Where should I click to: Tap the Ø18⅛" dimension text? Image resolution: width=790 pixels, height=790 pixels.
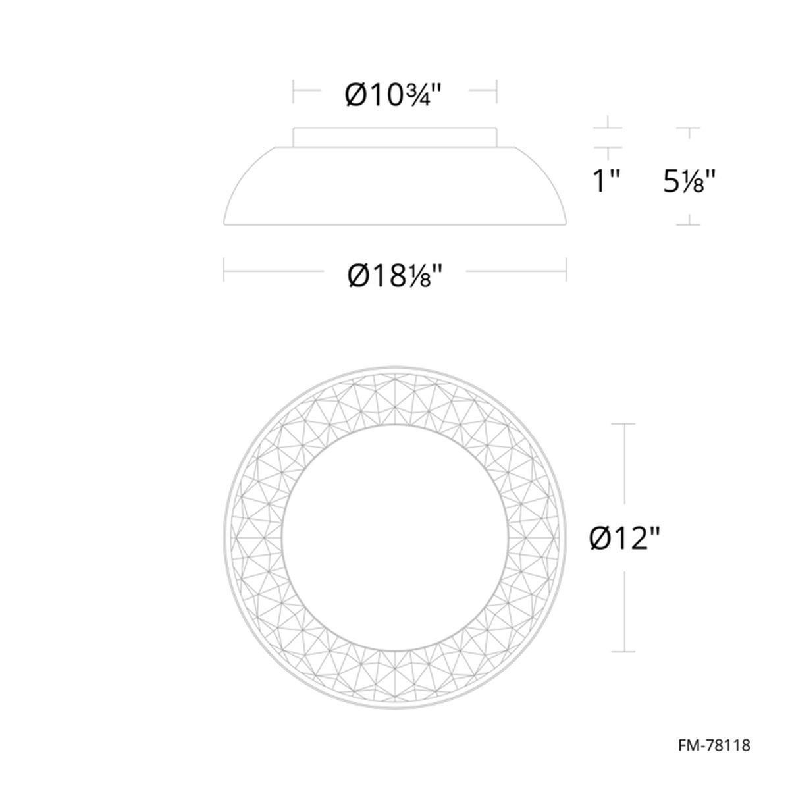coord(394,275)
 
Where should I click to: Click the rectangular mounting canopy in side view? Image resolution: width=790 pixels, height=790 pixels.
coord(395,138)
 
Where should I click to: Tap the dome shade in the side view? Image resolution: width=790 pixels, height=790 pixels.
coord(395,186)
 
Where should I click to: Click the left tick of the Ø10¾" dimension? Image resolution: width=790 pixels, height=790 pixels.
coord(294,91)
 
